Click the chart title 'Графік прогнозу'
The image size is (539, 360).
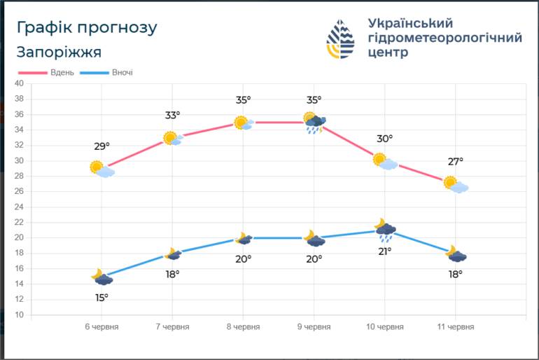point(87,28)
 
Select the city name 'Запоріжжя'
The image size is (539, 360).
point(59,53)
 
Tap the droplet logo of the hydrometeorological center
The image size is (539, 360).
point(340,39)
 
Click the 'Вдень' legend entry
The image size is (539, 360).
point(46,73)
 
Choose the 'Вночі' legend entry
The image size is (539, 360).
point(106,73)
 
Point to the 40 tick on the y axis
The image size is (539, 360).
point(20,83)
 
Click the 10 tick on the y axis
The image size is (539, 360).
point(20,314)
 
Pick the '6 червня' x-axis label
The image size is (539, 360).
point(101,326)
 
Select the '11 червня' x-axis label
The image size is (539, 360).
point(456,326)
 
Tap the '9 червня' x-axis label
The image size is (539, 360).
point(314,326)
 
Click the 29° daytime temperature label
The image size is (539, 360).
point(101,146)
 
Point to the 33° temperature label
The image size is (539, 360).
point(173,115)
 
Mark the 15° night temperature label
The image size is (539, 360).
point(101,298)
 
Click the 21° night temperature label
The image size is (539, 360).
point(385,251)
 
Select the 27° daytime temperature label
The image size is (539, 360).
point(456,162)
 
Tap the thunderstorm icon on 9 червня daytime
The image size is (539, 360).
point(314,123)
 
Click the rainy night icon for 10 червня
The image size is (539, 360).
point(385,230)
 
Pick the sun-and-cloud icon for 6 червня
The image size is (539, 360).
point(102,169)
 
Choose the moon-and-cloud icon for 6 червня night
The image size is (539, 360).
point(101,277)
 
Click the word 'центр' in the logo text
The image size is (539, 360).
point(388,53)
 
